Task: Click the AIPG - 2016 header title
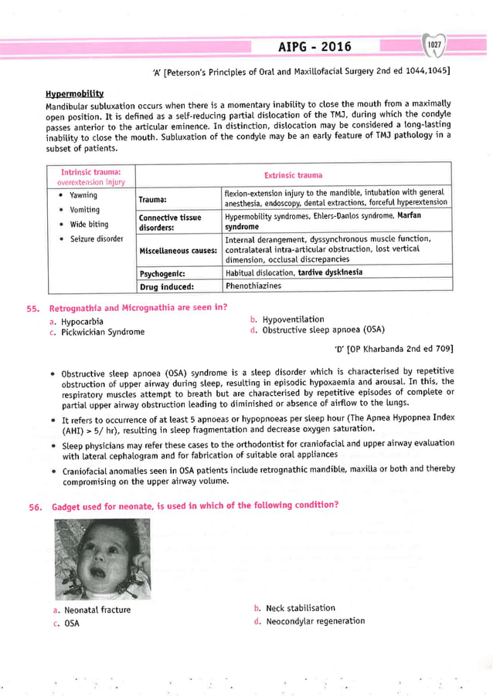[314, 47]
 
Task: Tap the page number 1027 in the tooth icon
[436, 46]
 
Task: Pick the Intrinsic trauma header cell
[87, 174]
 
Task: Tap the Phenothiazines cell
[253, 285]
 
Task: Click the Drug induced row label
[166, 286]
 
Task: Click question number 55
[32, 309]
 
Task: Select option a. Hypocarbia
[75, 321]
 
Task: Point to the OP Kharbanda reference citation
[393, 349]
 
